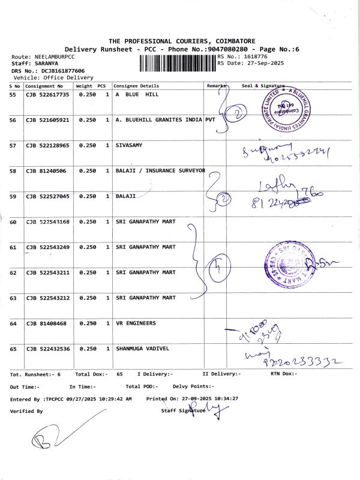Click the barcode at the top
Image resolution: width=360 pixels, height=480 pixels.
[x=178, y=63]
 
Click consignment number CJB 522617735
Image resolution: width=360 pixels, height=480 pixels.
[x=47, y=95]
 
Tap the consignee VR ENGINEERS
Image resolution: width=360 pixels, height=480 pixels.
[x=136, y=323]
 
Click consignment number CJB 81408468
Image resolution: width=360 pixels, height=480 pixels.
[x=46, y=323]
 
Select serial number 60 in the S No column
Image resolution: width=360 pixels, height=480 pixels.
[x=13, y=222]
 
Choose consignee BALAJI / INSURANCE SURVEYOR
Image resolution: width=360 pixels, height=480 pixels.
[x=160, y=171]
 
